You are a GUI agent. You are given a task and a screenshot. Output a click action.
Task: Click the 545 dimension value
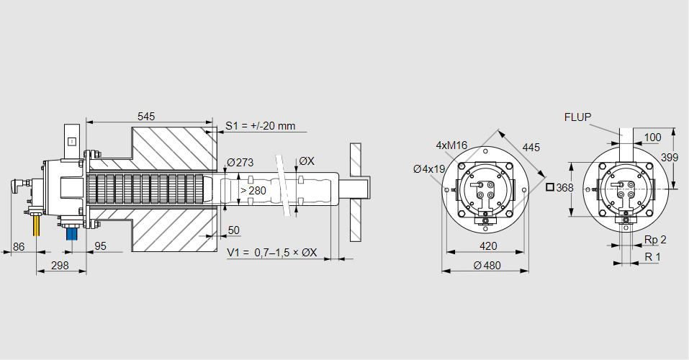coord(146,116)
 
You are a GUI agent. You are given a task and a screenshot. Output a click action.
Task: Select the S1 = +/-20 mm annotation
coord(260,126)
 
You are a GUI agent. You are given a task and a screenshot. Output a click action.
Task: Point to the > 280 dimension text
coord(252,190)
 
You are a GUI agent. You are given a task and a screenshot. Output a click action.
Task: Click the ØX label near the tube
coord(306,161)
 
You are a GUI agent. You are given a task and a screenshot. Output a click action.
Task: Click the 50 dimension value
coord(233,230)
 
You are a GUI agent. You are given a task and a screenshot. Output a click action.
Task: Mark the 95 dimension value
coord(100,246)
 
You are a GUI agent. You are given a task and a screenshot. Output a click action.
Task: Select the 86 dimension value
coord(19,246)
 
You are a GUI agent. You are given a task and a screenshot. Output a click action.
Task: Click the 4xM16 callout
coord(451,145)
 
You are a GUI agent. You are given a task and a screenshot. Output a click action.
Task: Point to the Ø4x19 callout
coord(429,169)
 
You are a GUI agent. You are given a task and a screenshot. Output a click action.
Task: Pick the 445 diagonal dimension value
coord(531,148)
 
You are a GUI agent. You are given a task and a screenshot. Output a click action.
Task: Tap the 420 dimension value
coord(487,246)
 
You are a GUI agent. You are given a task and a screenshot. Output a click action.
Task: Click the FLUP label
coord(577,117)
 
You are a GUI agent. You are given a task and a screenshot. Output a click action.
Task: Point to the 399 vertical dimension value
coord(669,157)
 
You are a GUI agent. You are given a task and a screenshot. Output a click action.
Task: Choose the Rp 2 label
coord(654,240)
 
